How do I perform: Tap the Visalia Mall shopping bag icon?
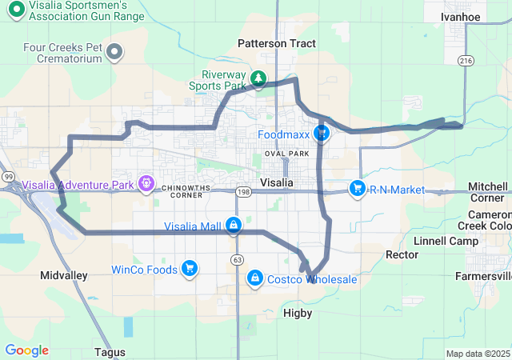[x=234, y=226]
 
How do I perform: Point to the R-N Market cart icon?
[x=357, y=189]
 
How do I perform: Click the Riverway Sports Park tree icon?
[x=258, y=78]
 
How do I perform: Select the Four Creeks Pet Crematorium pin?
[x=114, y=53]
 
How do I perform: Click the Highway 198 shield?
[x=243, y=192]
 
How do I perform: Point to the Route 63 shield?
[x=238, y=260]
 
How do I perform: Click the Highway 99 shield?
[x=7, y=176]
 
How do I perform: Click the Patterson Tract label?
[x=277, y=43]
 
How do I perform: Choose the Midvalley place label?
[x=64, y=275]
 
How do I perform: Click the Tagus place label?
[x=110, y=352]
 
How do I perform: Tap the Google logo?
[x=26, y=350]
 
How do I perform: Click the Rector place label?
[x=402, y=255]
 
